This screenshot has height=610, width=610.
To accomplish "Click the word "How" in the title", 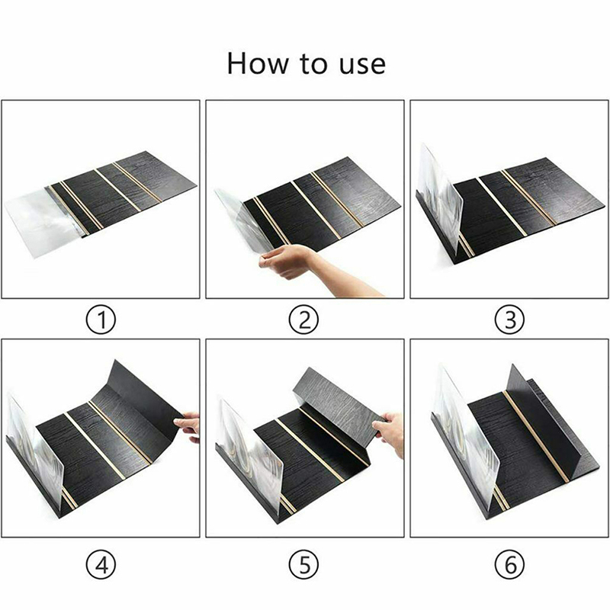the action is pos(257,63).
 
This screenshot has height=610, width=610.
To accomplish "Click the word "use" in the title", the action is pos(362,66).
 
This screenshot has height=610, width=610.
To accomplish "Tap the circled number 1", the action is pos(101,320).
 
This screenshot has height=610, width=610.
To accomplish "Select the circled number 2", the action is pos(303,320).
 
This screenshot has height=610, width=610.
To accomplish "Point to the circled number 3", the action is pos(509,320).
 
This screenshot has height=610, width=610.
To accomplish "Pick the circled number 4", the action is pos(101,564).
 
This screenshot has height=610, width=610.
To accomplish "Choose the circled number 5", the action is pos(303,564).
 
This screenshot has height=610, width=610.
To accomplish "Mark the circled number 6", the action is pos(509,564).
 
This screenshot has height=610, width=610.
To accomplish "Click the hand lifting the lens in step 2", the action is pos(288,261).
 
